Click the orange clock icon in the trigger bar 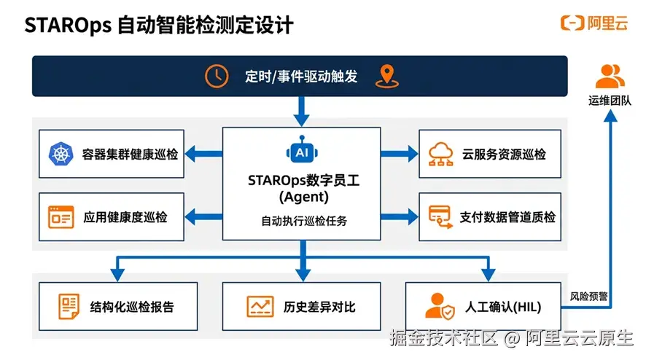[x=217, y=77]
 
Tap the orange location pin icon [x=387, y=77]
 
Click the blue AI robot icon [x=302, y=150]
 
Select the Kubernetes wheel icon [x=61, y=154]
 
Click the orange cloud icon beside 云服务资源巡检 [x=440, y=154]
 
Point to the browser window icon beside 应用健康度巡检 [x=61, y=217]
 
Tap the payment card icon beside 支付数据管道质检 [x=440, y=217]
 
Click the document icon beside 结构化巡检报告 [x=69, y=307]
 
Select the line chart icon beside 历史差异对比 [x=260, y=307]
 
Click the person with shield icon [x=440, y=307]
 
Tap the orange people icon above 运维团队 [x=610, y=77]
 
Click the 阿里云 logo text [x=607, y=23]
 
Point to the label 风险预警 [x=588, y=297]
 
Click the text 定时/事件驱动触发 [x=301, y=77]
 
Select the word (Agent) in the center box [x=303, y=197]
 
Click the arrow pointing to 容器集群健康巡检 [x=203, y=154]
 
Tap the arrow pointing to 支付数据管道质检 [x=400, y=217]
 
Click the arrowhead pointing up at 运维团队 [x=610, y=116]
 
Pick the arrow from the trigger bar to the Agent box [x=302, y=111]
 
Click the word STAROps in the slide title [x=68, y=26]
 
